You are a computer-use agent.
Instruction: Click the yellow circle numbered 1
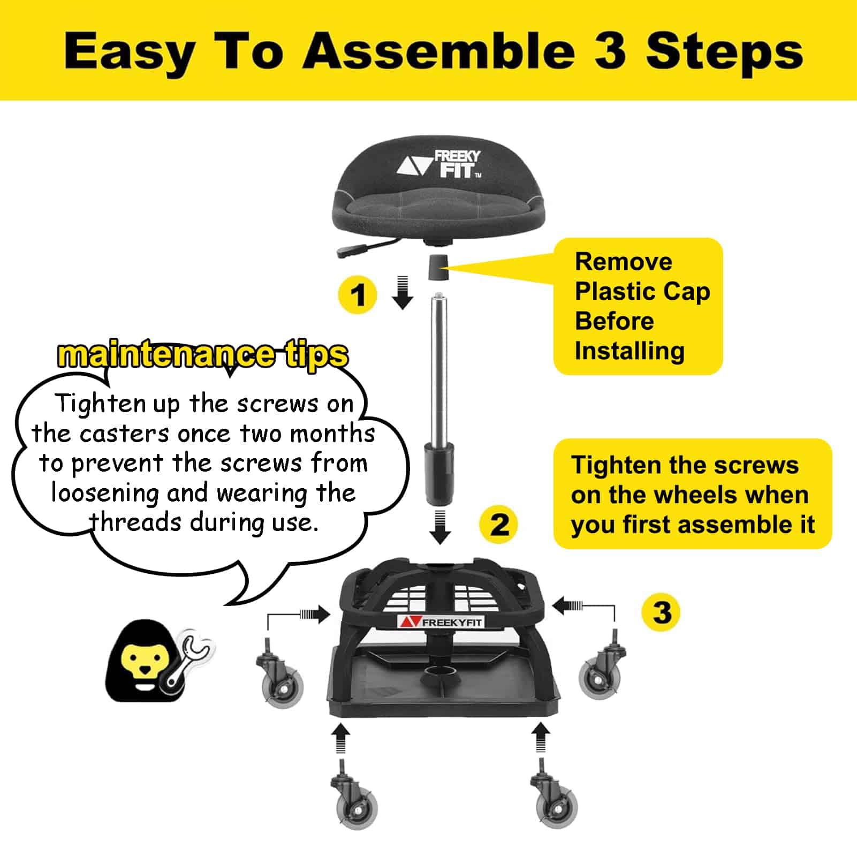(358, 295)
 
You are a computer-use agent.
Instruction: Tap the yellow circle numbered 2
(498, 525)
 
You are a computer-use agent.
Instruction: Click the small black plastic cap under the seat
(437, 267)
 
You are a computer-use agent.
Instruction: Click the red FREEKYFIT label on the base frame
(441, 621)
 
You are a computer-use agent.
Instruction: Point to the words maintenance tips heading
(202, 354)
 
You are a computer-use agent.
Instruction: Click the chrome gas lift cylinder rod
(439, 364)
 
